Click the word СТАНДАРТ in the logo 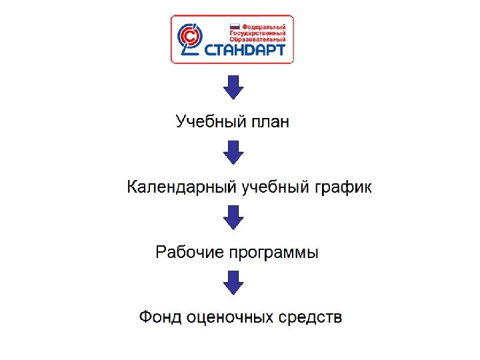point(245,50)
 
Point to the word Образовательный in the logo point(257,39)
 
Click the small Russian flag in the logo point(235,25)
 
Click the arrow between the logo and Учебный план point(233,87)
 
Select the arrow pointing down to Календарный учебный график point(233,152)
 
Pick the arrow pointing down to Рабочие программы point(233,217)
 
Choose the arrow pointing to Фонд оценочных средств point(233,282)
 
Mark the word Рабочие point(189,253)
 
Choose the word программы point(274,253)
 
